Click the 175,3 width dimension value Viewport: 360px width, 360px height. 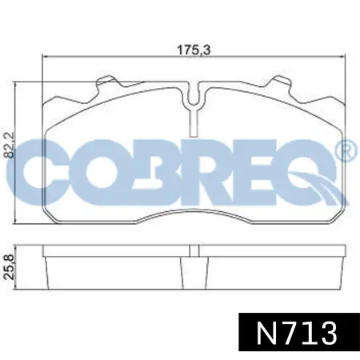coord(187,49)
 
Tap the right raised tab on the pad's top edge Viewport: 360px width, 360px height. coord(282,83)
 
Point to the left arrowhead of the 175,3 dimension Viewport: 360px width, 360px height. coord(45,57)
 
